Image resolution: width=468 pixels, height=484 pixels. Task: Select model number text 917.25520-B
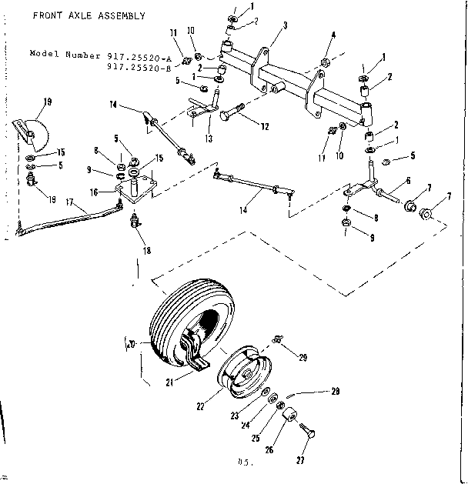click(139, 68)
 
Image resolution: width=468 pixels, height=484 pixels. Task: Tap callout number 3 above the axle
click(285, 25)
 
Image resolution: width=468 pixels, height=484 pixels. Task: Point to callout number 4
click(333, 35)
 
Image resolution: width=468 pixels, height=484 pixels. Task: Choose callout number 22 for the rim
click(200, 404)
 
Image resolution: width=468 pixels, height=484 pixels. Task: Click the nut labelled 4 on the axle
click(326, 60)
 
